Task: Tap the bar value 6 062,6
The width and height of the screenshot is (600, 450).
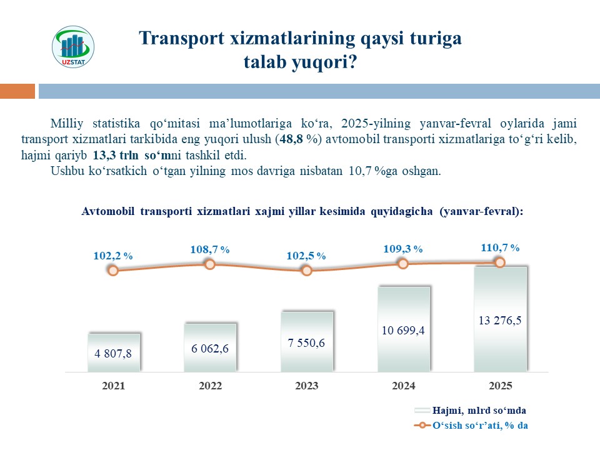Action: (x=210, y=348)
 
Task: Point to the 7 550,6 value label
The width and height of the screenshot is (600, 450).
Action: (x=307, y=342)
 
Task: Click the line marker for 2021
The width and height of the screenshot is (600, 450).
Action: (x=113, y=271)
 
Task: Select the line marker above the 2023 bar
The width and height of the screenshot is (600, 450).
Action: (x=306, y=271)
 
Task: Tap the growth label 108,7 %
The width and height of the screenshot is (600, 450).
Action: (x=210, y=249)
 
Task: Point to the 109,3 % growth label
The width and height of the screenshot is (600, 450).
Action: (x=403, y=249)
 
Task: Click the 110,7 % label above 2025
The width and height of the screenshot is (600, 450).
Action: (x=500, y=247)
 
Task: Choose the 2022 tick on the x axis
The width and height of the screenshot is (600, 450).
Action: (x=210, y=386)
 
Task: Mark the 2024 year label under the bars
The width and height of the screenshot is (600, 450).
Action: (x=403, y=386)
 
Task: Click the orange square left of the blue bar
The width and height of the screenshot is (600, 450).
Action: (x=17, y=91)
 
